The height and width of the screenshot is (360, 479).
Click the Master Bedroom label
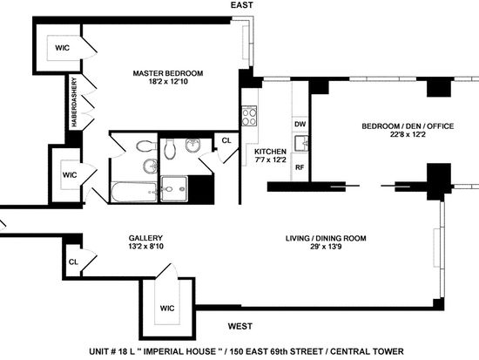pyautogui.click(x=168, y=73)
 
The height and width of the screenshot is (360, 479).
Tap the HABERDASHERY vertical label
pyautogui.click(x=74, y=102)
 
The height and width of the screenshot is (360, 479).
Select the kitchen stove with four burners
pyautogui.click(x=249, y=116)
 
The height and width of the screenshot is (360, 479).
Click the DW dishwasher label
pyautogui.click(x=300, y=124)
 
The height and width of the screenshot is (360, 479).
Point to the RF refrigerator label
pyautogui.click(x=300, y=167)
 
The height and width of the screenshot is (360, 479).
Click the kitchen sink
pyautogui.click(x=301, y=143)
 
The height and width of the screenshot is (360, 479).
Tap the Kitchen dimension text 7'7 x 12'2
pyautogui.click(x=270, y=160)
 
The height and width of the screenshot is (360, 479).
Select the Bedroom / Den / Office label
pyautogui.click(x=408, y=126)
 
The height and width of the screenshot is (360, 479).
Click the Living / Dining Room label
pyautogui.click(x=326, y=238)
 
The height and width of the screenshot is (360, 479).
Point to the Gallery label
pyautogui.click(x=145, y=238)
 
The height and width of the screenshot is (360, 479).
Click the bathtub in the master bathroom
pyautogui.click(x=134, y=192)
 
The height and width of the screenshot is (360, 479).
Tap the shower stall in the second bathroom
pyautogui.click(x=174, y=189)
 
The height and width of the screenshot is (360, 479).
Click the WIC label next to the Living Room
pyautogui.click(x=167, y=308)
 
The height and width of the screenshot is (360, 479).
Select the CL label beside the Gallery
pyautogui.click(x=73, y=262)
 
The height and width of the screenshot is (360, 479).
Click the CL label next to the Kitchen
pyautogui.click(x=226, y=140)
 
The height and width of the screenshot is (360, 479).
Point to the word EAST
pyautogui.click(x=241, y=5)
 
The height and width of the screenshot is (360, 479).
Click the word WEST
pyautogui.click(x=240, y=326)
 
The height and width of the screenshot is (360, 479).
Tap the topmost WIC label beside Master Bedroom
pyautogui.click(x=63, y=48)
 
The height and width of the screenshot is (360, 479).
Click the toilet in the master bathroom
pyautogui.click(x=146, y=146)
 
